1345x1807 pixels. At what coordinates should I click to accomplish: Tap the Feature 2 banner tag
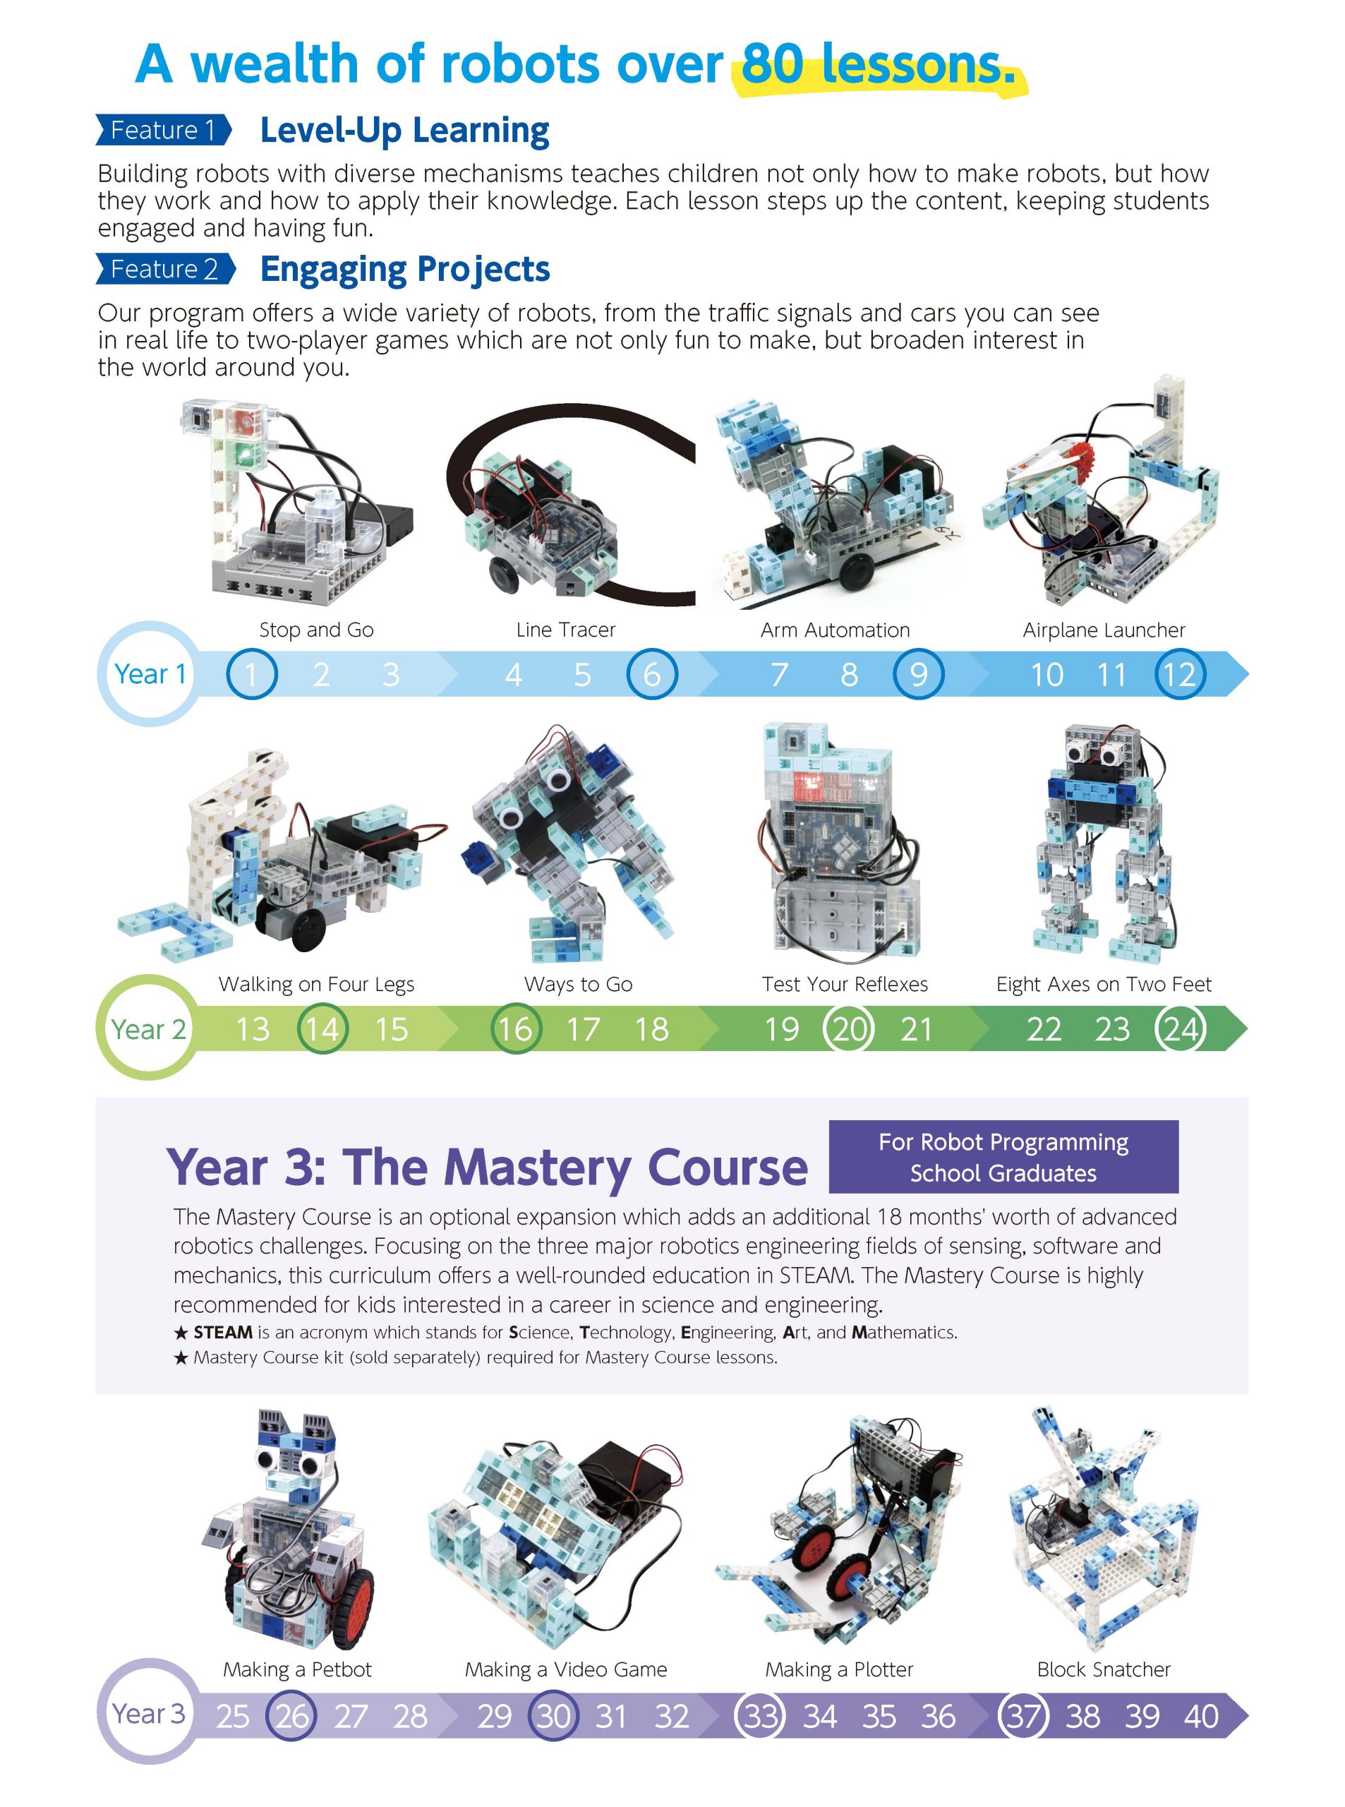(x=165, y=269)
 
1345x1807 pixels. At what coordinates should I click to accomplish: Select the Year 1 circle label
(x=150, y=673)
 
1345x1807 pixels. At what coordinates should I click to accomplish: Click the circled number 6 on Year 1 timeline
(x=651, y=674)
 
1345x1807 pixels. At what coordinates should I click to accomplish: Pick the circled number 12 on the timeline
(x=1180, y=674)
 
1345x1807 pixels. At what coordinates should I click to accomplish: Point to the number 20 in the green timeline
(x=848, y=1028)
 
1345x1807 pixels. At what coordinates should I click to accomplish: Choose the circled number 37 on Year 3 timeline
(x=1023, y=1716)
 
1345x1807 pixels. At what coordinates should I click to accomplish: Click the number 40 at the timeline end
(x=1201, y=1716)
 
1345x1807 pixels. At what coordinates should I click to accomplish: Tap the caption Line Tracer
(x=566, y=630)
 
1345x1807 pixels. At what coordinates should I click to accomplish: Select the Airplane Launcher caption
(x=1104, y=630)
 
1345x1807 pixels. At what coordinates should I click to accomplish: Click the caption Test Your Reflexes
(x=844, y=984)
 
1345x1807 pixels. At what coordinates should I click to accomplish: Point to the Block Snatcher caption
(x=1103, y=1669)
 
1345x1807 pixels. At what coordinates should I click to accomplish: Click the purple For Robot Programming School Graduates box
(x=1003, y=1156)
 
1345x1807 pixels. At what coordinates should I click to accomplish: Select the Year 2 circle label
(x=148, y=1028)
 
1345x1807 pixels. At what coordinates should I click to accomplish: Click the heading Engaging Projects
(x=404, y=270)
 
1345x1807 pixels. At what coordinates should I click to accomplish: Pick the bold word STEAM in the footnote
(x=222, y=1332)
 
